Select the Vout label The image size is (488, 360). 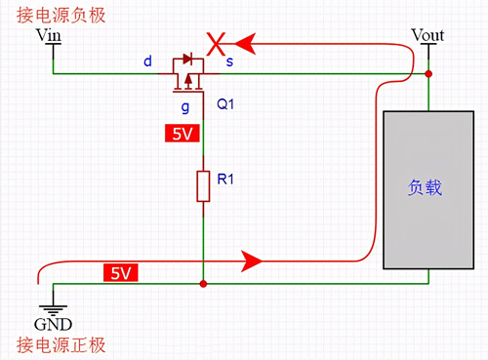[427, 36]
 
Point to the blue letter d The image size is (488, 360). [147, 61]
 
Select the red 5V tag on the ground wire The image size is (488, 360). [118, 274]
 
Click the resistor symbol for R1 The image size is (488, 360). [203, 185]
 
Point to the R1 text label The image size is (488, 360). [225, 179]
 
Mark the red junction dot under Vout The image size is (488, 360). [429, 74]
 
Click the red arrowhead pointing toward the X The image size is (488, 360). [253, 43]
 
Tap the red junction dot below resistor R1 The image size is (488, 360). [203, 284]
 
